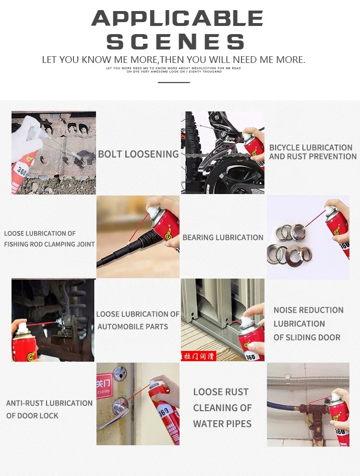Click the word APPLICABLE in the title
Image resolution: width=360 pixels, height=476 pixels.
click(x=177, y=19)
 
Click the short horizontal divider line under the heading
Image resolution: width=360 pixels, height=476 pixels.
click(x=174, y=83)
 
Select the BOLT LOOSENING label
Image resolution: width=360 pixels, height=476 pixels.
click(x=138, y=154)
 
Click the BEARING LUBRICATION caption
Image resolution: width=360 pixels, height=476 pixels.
click(x=223, y=237)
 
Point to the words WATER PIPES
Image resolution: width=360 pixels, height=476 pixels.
click(x=222, y=424)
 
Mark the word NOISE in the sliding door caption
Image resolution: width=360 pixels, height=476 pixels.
click(x=287, y=310)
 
